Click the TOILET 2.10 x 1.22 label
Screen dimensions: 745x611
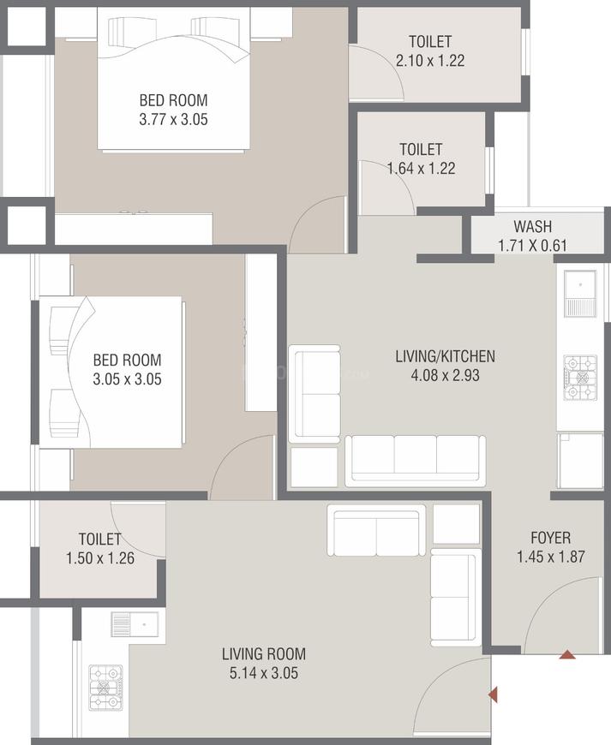click(430, 51)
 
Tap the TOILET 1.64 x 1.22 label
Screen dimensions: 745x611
click(421, 159)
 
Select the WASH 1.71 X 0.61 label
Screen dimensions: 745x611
click(532, 236)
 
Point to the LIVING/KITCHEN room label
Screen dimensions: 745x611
click(445, 365)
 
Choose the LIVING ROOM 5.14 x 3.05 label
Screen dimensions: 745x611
click(263, 663)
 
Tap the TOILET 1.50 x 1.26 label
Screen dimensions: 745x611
click(99, 548)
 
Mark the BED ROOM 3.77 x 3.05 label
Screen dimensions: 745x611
click(173, 110)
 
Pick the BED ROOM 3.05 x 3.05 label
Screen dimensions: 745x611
click(127, 369)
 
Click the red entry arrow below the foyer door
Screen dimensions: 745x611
click(566, 655)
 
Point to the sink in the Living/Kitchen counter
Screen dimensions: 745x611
click(581, 291)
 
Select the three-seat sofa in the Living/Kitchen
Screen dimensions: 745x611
click(415, 460)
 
